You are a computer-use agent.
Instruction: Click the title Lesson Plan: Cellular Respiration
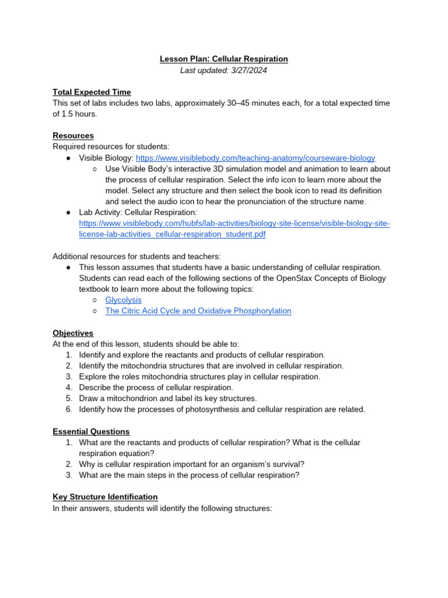224,59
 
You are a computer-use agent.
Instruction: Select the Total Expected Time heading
92,92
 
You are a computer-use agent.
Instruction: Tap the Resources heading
73,135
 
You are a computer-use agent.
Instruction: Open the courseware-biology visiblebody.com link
256,158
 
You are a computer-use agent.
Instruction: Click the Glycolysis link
123,300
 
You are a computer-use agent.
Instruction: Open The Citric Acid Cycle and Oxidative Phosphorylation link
198,311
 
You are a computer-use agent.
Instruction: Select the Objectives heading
73,333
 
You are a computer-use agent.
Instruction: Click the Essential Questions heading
91,432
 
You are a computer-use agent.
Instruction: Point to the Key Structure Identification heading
105,497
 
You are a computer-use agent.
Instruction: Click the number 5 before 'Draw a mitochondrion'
69,398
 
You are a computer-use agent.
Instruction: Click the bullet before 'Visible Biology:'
69,158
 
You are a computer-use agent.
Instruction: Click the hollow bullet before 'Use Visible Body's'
95,169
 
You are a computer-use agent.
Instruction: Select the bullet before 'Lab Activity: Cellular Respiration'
69,213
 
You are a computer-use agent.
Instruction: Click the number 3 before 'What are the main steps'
69,475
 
